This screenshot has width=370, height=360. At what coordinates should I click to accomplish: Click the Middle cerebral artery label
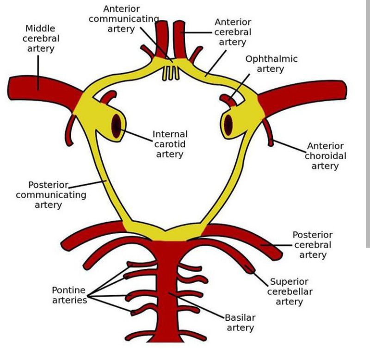tap(41, 38)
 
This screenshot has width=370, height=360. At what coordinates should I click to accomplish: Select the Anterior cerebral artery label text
tap(233, 32)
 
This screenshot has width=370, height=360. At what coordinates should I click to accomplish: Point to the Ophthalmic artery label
tap(271, 64)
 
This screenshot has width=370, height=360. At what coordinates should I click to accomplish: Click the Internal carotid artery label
tap(170, 144)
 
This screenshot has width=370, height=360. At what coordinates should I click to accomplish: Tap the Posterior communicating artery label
tap(50, 194)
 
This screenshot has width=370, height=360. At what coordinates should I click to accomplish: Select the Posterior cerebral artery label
tap(313, 245)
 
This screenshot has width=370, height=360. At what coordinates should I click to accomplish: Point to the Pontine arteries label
tap(69, 295)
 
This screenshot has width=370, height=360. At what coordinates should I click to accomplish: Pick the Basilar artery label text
tap(240, 323)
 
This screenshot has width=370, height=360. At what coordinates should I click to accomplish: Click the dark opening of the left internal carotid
tap(117, 124)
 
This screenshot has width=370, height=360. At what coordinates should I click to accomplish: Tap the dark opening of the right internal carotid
tap(229, 124)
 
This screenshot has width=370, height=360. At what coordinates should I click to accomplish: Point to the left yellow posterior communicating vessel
tap(105, 185)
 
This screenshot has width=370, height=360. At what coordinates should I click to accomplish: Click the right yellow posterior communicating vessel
tap(236, 185)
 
